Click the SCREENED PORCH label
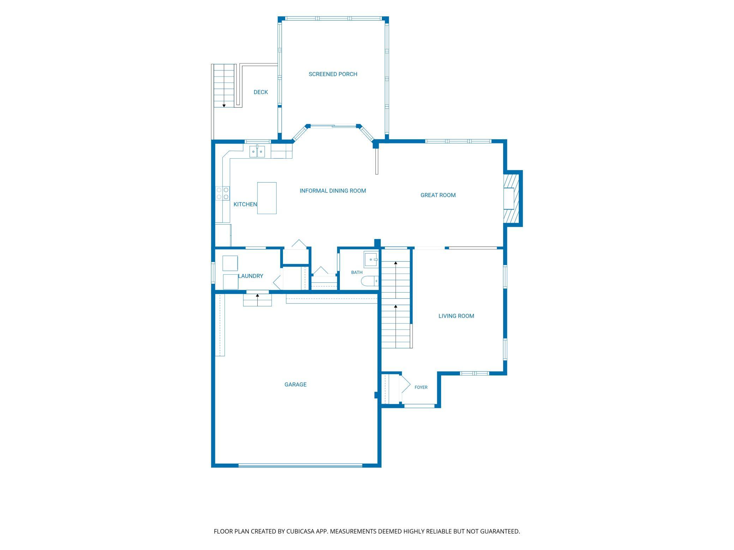(333, 74)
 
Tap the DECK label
(261, 92)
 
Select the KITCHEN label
(245, 204)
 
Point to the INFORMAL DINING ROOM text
(333, 191)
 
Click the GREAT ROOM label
(438, 195)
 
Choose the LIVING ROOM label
(456, 316)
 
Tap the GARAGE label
(295, 384)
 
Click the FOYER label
(421, 387)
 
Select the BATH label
(357, 272)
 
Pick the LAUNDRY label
(251, 276)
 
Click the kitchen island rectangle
(267, 198)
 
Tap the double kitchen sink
(257, 152)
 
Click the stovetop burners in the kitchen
(222, 193)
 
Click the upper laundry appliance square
(230, 263)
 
